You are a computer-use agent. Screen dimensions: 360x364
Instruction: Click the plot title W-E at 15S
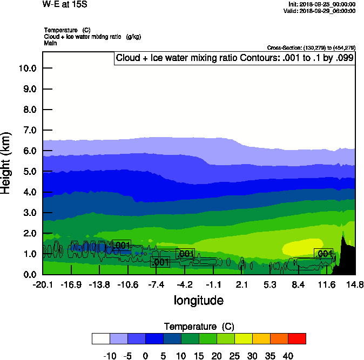pos(65,5)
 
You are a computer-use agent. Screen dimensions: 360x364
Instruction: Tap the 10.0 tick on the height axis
pos(28,68)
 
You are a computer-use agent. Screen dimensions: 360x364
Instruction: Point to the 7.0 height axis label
pos(28,130)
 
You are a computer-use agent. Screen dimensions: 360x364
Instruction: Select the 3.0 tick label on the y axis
pos(28,213)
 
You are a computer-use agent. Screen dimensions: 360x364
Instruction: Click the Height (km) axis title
pos(6,162)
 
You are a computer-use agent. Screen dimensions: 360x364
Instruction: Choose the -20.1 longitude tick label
pos(42,284)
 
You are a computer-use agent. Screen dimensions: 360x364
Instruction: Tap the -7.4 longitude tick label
pos(156,284)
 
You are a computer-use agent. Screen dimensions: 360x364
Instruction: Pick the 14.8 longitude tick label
pos(355,284)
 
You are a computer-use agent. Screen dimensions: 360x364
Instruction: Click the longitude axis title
pos(198,300)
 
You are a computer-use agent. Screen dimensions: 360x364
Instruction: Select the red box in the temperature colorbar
pos(296,338)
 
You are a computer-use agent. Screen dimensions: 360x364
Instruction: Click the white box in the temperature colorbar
pos(101,338)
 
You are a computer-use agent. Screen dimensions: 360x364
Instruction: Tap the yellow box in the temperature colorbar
pos(243,338)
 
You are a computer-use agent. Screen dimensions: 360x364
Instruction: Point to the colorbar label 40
pos(287,356)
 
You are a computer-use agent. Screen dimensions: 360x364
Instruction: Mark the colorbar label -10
pos(110,356)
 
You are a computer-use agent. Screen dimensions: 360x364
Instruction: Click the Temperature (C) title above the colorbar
pos(198,327)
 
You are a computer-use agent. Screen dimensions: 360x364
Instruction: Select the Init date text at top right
pos(322,4)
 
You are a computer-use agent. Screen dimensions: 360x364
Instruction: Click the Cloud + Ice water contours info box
pos(234,58)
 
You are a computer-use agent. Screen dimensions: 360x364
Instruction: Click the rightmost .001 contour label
pos(323,253)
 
